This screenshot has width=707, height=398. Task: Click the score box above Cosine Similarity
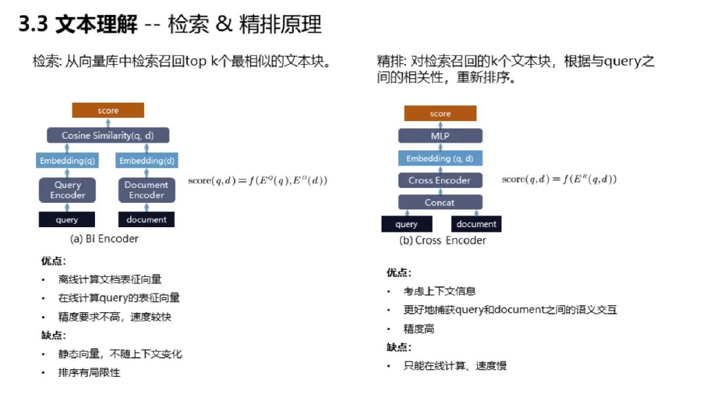pos(108,111)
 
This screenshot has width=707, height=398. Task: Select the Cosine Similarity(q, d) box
pos(108,136)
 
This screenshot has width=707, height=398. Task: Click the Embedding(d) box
pos(146,160)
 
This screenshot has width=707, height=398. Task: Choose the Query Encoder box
pos(68,190)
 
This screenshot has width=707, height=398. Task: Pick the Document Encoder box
pos(146,190)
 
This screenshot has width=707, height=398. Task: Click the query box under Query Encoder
pos(67,220)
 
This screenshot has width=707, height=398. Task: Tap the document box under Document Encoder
pos(146,220)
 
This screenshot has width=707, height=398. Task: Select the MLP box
pos(440,136)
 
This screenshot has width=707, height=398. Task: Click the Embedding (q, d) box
pos(440,158)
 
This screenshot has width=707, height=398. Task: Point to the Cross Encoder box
pos(440,180)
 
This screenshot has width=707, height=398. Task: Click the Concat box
pos(440,202)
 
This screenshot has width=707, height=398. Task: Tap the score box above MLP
pos(440,114)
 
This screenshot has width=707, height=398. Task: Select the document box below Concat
pos(476,224)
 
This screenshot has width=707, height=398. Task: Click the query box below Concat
pos(407,224)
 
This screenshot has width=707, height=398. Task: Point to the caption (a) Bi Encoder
pos(104,239)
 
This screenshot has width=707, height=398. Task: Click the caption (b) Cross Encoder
pos(443,240)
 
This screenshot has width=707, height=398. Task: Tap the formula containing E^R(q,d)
pos(559,179)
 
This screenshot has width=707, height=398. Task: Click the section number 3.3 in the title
pos(33,25)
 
